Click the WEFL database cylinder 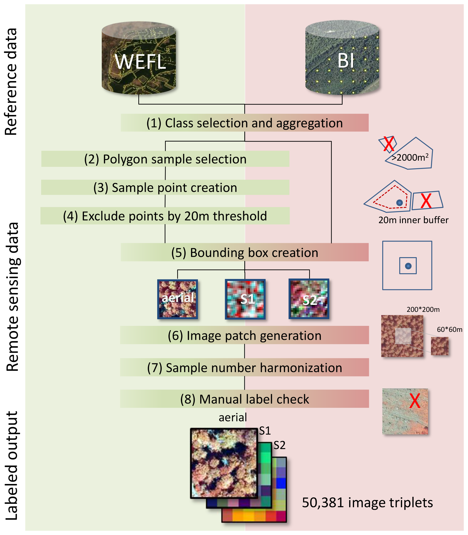coord(139,58)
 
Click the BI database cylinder coord(342,58)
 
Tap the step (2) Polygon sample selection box coord(165,159)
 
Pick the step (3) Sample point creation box coord(165,187)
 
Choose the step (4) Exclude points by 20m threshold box coord(165,216)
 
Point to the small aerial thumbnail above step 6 coord(178,299)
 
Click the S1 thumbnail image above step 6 coord(245,299)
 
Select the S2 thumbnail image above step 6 coord(309,299)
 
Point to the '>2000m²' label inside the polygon coord(410,157)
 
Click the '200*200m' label coord(423,309)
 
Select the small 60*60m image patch coord(440,346)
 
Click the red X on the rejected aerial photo coord(415,401)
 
